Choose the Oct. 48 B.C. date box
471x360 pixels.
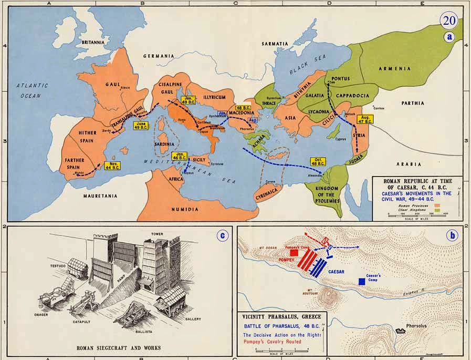coord(317,161)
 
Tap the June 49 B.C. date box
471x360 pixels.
coord(141,126)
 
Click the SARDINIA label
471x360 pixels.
coord(164,143)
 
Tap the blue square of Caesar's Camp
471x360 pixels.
coord(362,282)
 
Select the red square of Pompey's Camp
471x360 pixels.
coord(294,252)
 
